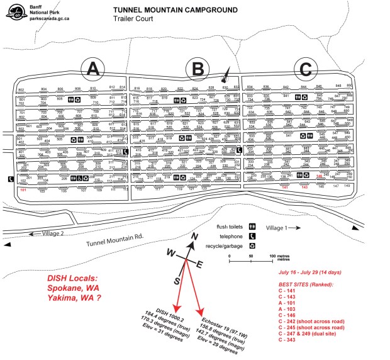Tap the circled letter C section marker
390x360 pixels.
point(306,68)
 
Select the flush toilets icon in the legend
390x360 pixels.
point(252,225)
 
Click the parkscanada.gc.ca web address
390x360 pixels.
point(47,20)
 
